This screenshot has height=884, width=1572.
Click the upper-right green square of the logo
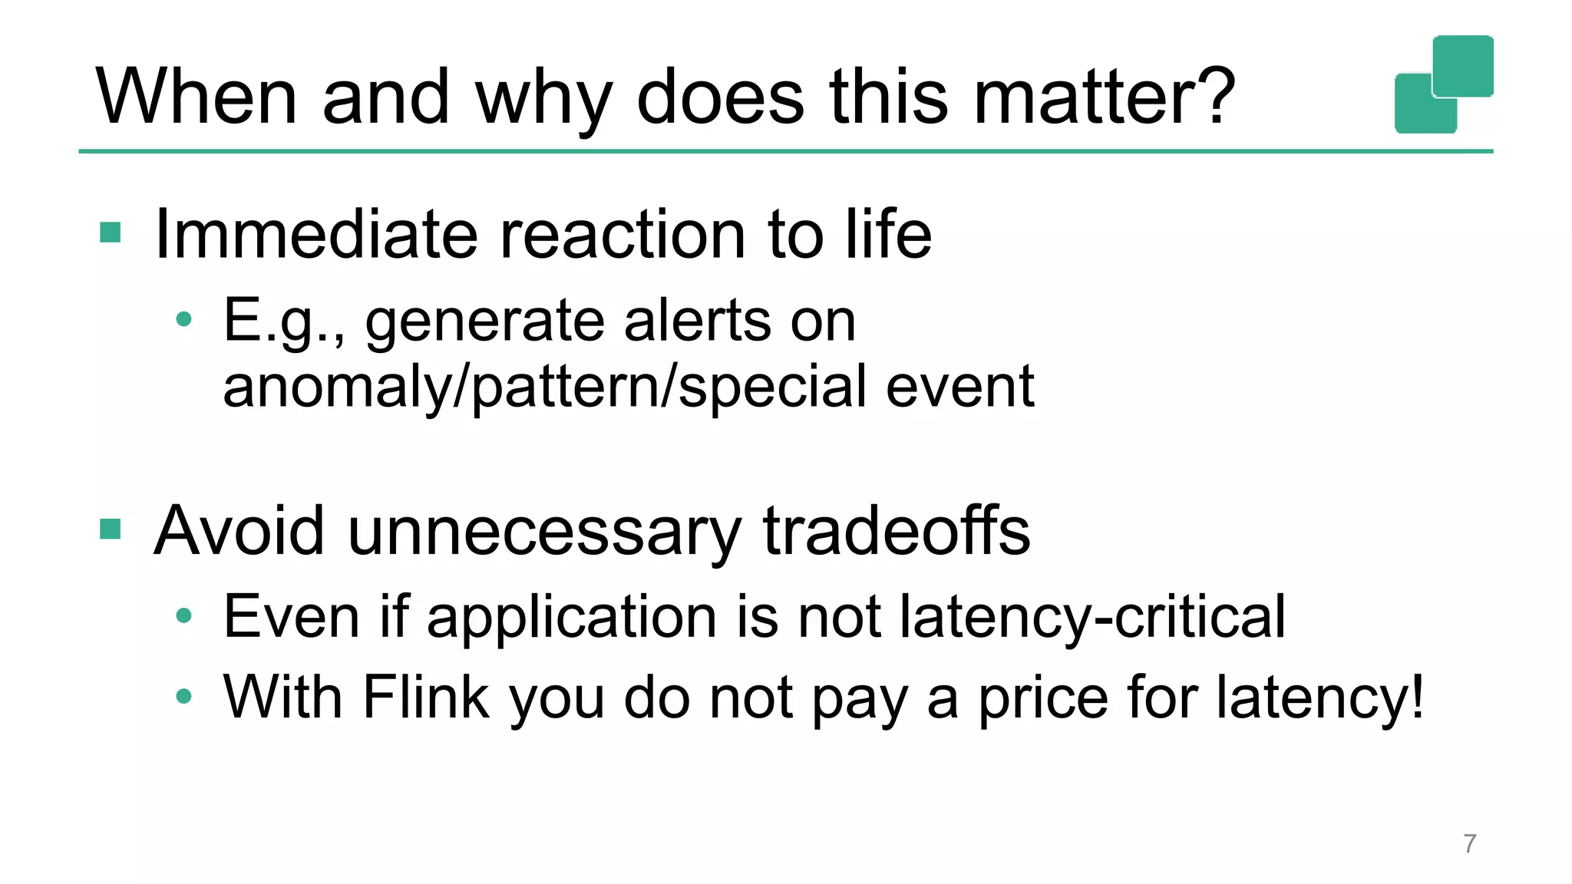(1463, 64)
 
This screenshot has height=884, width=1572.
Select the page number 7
(1469, 843)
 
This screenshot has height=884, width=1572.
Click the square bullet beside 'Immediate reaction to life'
(111, 232)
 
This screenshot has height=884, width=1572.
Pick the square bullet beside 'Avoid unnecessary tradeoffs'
(111, 529)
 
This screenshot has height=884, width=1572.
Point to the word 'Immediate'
(315, 234)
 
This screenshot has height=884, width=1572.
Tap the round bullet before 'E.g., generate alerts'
(183, 319)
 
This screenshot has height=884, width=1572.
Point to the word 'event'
(959, 388)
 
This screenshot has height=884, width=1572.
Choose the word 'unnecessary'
(544, 532)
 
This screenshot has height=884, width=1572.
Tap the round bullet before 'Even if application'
(183, 615)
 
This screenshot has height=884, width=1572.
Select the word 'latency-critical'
(1092, 617)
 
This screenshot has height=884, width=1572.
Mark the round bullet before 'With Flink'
(183, 697)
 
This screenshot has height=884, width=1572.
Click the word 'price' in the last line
(1043, 698)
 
